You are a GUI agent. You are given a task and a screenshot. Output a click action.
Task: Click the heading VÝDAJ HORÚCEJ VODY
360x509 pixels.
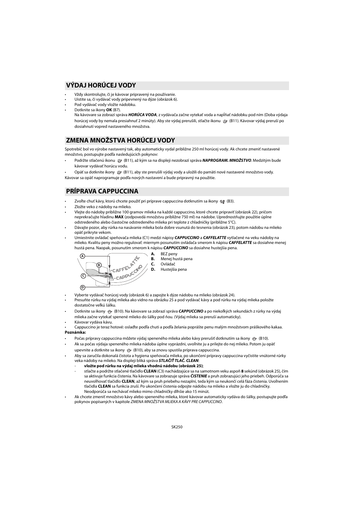101,85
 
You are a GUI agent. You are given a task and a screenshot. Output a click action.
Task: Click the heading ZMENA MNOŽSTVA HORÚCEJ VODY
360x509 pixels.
120,140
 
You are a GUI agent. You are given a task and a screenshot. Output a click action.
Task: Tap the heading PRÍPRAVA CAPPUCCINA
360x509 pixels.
102,191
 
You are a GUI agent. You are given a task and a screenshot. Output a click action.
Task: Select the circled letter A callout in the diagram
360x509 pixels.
82,256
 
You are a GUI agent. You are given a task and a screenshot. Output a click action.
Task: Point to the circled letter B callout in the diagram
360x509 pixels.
98,265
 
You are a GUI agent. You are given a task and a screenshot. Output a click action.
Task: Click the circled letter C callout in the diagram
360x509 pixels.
82,276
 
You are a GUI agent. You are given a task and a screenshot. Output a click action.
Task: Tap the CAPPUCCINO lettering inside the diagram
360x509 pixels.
129,273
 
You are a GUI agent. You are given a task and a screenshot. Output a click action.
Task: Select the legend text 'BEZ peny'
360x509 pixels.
169,254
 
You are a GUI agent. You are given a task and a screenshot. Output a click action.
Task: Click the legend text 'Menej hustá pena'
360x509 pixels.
176,259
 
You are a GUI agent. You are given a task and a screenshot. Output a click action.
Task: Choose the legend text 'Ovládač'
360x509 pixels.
168,264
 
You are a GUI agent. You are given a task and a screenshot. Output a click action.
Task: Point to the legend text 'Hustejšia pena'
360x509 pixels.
174,270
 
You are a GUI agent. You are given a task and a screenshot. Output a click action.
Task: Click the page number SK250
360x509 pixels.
177,427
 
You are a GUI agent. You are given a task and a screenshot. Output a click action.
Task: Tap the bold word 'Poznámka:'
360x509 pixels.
75,332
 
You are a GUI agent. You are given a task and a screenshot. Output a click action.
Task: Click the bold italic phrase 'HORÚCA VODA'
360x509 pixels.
142,115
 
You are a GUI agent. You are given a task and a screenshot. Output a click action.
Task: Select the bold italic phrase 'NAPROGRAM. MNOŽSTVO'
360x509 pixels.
226,160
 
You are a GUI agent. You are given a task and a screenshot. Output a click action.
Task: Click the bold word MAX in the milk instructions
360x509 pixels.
119,217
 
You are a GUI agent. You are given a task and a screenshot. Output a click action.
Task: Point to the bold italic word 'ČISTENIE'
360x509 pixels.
198,376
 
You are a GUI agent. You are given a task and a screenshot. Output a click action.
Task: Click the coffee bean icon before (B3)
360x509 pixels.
222,202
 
